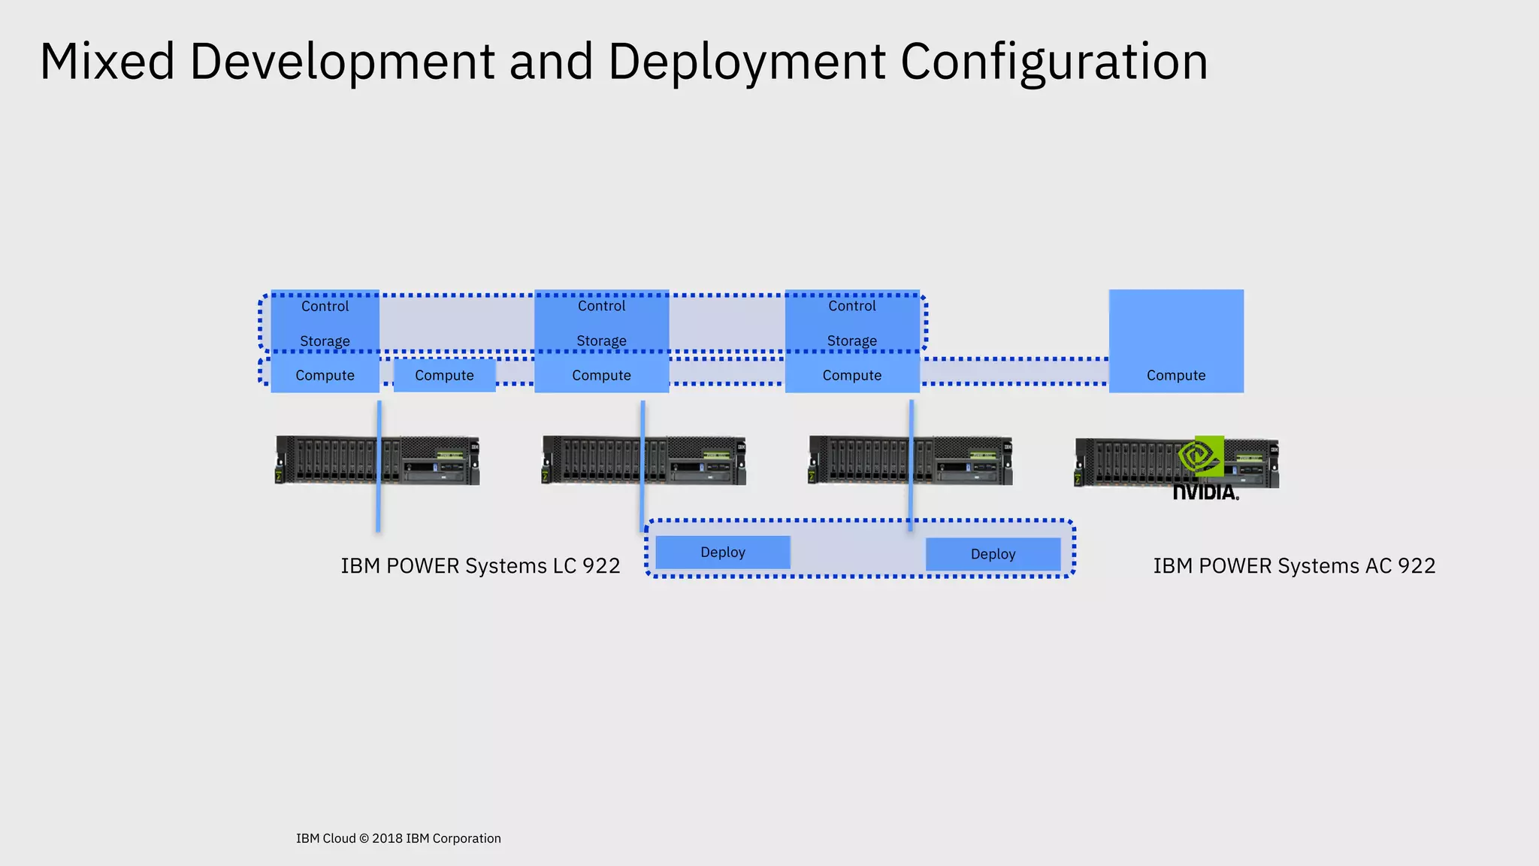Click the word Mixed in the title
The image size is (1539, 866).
click(x=107, y=62)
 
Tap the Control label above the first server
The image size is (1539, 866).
click(x=325, y=306)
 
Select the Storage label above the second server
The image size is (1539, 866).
click(x=601, y=341)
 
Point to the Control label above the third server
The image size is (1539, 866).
click(x=851, y=306)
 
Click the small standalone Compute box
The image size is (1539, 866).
click(x=444, y=375)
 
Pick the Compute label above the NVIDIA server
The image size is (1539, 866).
click(x=1175, y=375)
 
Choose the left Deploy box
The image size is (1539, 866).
click(x=722, y=553)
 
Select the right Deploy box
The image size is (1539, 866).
click(x=993, y=554)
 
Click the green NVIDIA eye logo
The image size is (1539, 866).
click(x=1200, y=456)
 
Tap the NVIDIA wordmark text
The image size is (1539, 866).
click(x=1205, y=492)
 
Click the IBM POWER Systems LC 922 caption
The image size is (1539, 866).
click(x=480, y=565)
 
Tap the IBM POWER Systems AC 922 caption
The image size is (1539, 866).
click(x=1294, y=565)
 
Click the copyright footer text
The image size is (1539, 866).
click(x=398, y=838)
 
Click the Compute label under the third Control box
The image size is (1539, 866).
click(x=851, y=375)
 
